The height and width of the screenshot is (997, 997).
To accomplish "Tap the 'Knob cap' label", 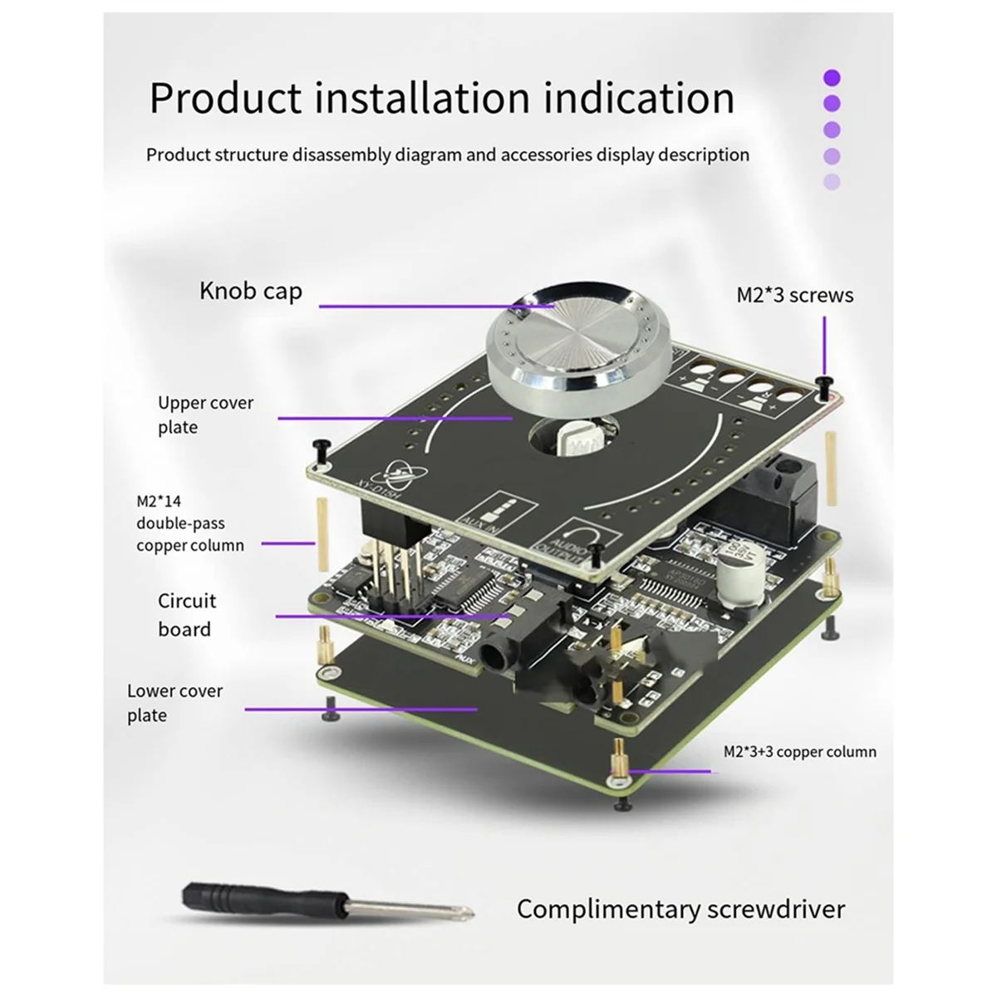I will click(x=250, y=291).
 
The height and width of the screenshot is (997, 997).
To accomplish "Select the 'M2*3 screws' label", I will click(x=794, y=295).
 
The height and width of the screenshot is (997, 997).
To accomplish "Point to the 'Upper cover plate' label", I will click(x=205, y=415).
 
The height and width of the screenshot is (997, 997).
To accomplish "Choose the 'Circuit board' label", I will click(x=187, y=615).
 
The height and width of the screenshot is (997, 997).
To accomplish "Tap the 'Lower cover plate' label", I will click(x=174, y=703).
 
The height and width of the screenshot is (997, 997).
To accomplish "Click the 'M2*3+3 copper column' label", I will click(x=799, y=752).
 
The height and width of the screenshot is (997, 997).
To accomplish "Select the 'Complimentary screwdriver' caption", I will click(x=680, y=908).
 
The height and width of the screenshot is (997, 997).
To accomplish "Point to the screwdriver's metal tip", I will click(x=465, y=914).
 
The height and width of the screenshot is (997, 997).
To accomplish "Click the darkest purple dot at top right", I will click(x=832, y=78).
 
